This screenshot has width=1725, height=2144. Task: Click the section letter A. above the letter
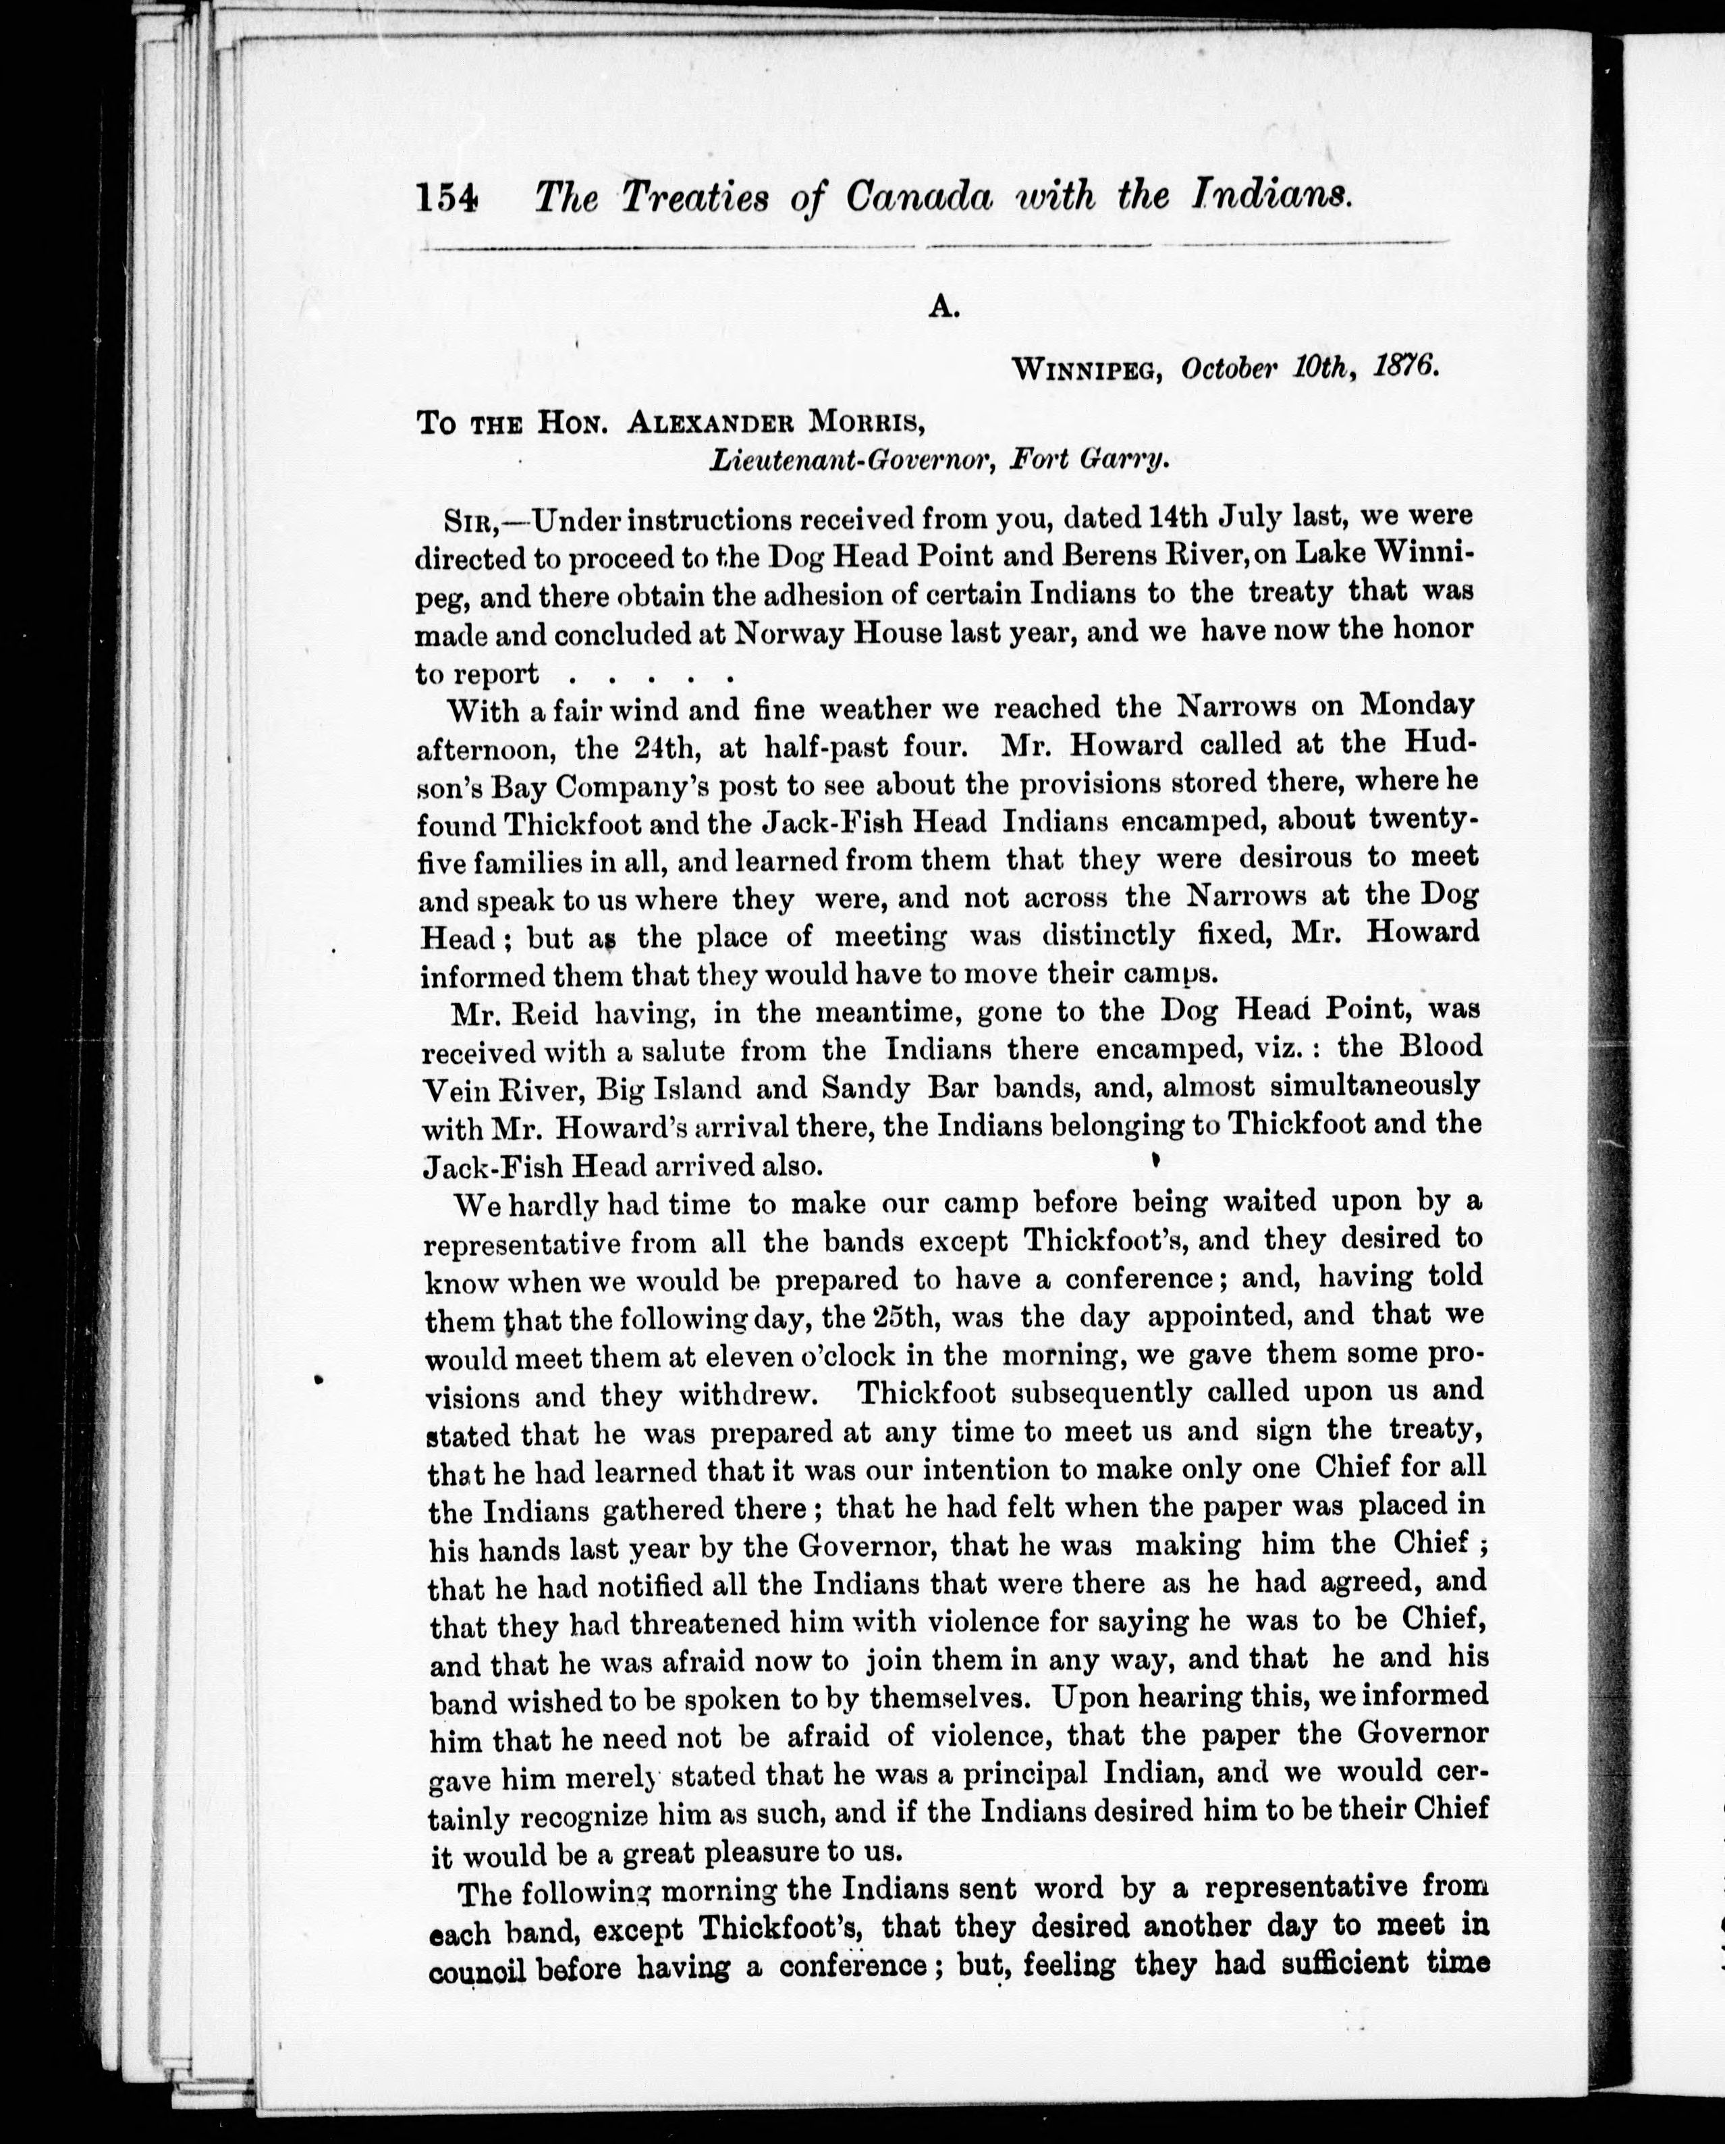tap(943, 309)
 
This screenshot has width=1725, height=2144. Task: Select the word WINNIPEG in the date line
tap(1087, 370)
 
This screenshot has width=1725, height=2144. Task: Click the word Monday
tap(1416, 705)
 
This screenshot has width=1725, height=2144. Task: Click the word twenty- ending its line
tap(1423, 820)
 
